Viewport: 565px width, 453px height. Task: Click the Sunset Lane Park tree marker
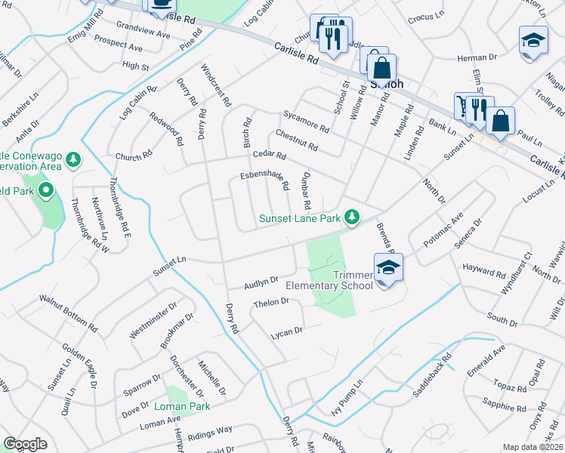[351, 217]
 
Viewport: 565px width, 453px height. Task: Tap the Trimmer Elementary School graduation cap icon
[388, 268]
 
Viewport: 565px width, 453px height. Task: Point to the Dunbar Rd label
[305, 193]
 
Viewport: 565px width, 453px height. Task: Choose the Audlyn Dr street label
[261, 283]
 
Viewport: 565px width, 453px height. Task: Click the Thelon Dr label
[272, 303]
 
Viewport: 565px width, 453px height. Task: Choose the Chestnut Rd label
[296, 140]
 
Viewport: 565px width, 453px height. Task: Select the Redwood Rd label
[166, 129]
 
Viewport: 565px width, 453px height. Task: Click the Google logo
[25, 444]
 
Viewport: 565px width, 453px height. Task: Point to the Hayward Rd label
[485, 273]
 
